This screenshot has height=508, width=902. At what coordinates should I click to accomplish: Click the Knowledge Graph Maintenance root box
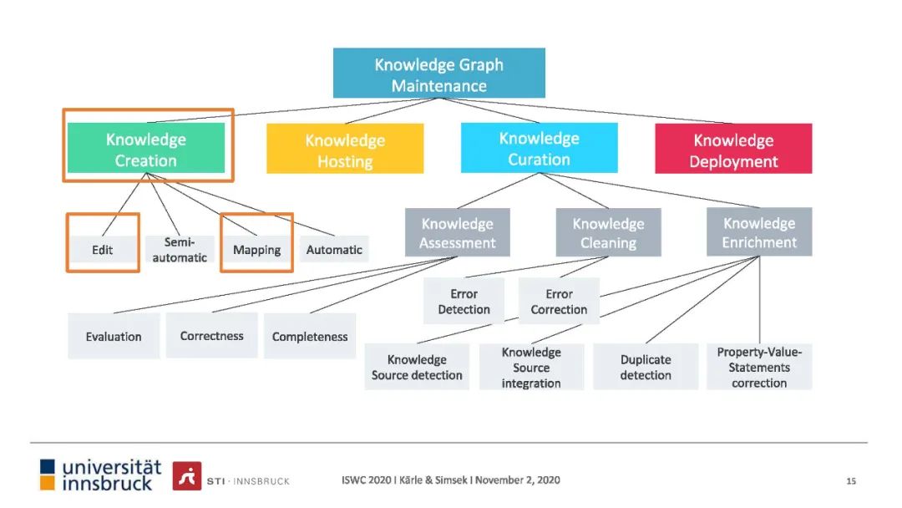pyautogui.click(x=438, y=74)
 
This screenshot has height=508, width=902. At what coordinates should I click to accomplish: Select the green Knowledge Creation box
pyautogui.click(x=146, y=150)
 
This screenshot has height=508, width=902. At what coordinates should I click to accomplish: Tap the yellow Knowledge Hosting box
pyautogui.click(x=345, y=150)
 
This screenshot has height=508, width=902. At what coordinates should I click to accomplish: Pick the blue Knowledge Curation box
pyautogui.click(x=540, y=149)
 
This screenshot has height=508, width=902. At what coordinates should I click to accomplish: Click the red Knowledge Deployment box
pyautogui.click(x=733, y=150)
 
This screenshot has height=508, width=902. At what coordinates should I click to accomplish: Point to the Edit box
pyautogui.click(x=103, y=249)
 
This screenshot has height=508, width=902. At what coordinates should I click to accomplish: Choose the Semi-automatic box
pyautogui.click(x=180, y=249)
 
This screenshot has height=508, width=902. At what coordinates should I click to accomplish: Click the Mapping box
pyautogui.click(x=256, y=249)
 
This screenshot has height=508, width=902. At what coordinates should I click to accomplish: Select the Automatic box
pyautogui.click(x=334, y=249)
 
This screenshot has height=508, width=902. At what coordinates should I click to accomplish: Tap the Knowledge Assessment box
pyautogui.click(x=457, y=233)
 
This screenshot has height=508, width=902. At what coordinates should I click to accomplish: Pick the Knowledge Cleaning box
pyautogui.click(x=608, y=233)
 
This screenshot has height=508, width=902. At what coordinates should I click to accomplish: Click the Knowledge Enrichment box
pyautogui.click(x=759, y=232)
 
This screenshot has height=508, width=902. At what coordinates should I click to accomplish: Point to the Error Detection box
pyautogui.click(x=464, y=301)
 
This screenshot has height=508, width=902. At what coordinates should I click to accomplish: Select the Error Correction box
pyautogui.click(x=559, y=301)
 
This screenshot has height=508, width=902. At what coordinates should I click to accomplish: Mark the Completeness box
pyautogui.click(x=310, y=337)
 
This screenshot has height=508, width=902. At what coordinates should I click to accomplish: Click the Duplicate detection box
pyautogui.click(x=646, y=367)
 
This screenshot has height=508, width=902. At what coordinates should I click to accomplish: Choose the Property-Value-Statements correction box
pyautogui.click(x=759, y=367)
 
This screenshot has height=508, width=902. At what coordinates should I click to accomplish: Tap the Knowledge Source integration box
pyautogui.click(x=531, y=367)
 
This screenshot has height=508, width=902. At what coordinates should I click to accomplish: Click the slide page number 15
pyautogui.click(x=851, y=480)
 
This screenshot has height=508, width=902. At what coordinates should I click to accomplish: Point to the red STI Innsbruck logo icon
pyautogui.click(x=187, y=475)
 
